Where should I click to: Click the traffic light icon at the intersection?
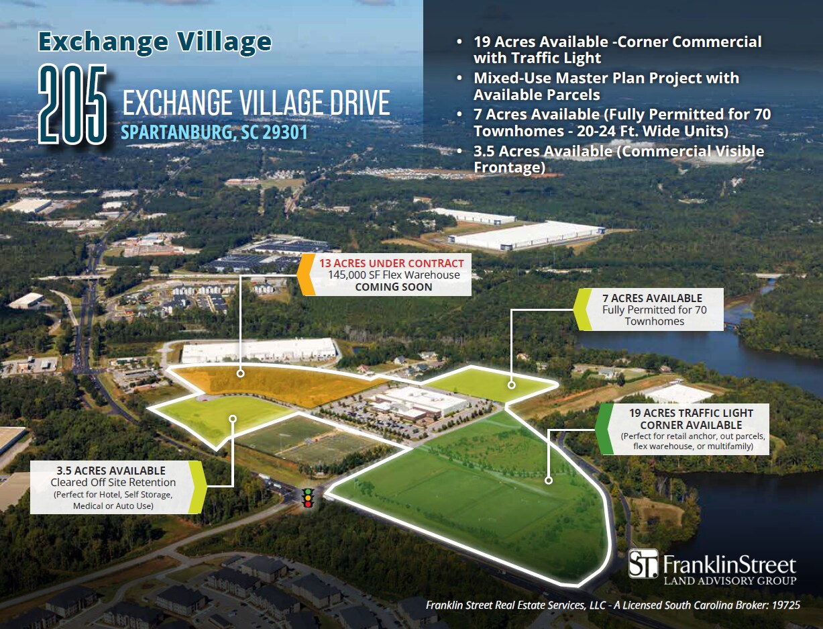(x=308, y=497)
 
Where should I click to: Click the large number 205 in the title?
(x=72, y=104)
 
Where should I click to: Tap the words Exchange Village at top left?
(x=155, y=42)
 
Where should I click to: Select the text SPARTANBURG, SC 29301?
(x=214, y=132)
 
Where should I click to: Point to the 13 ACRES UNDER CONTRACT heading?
(x=391, y=263)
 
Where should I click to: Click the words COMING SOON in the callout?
(x=393, y=287)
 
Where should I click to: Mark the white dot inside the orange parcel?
(x=240, y=373)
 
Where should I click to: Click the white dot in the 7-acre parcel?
(x=511, y=385)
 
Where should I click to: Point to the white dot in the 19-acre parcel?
(x=549, y=480)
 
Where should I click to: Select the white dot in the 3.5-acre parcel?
(x=233, y=418)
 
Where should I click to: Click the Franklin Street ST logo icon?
(x=643, y=564)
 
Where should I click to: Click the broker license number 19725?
(x=785, y=606)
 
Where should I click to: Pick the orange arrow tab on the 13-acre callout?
(x=305, y=275)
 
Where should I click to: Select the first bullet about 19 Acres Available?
(x=617, y=50)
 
